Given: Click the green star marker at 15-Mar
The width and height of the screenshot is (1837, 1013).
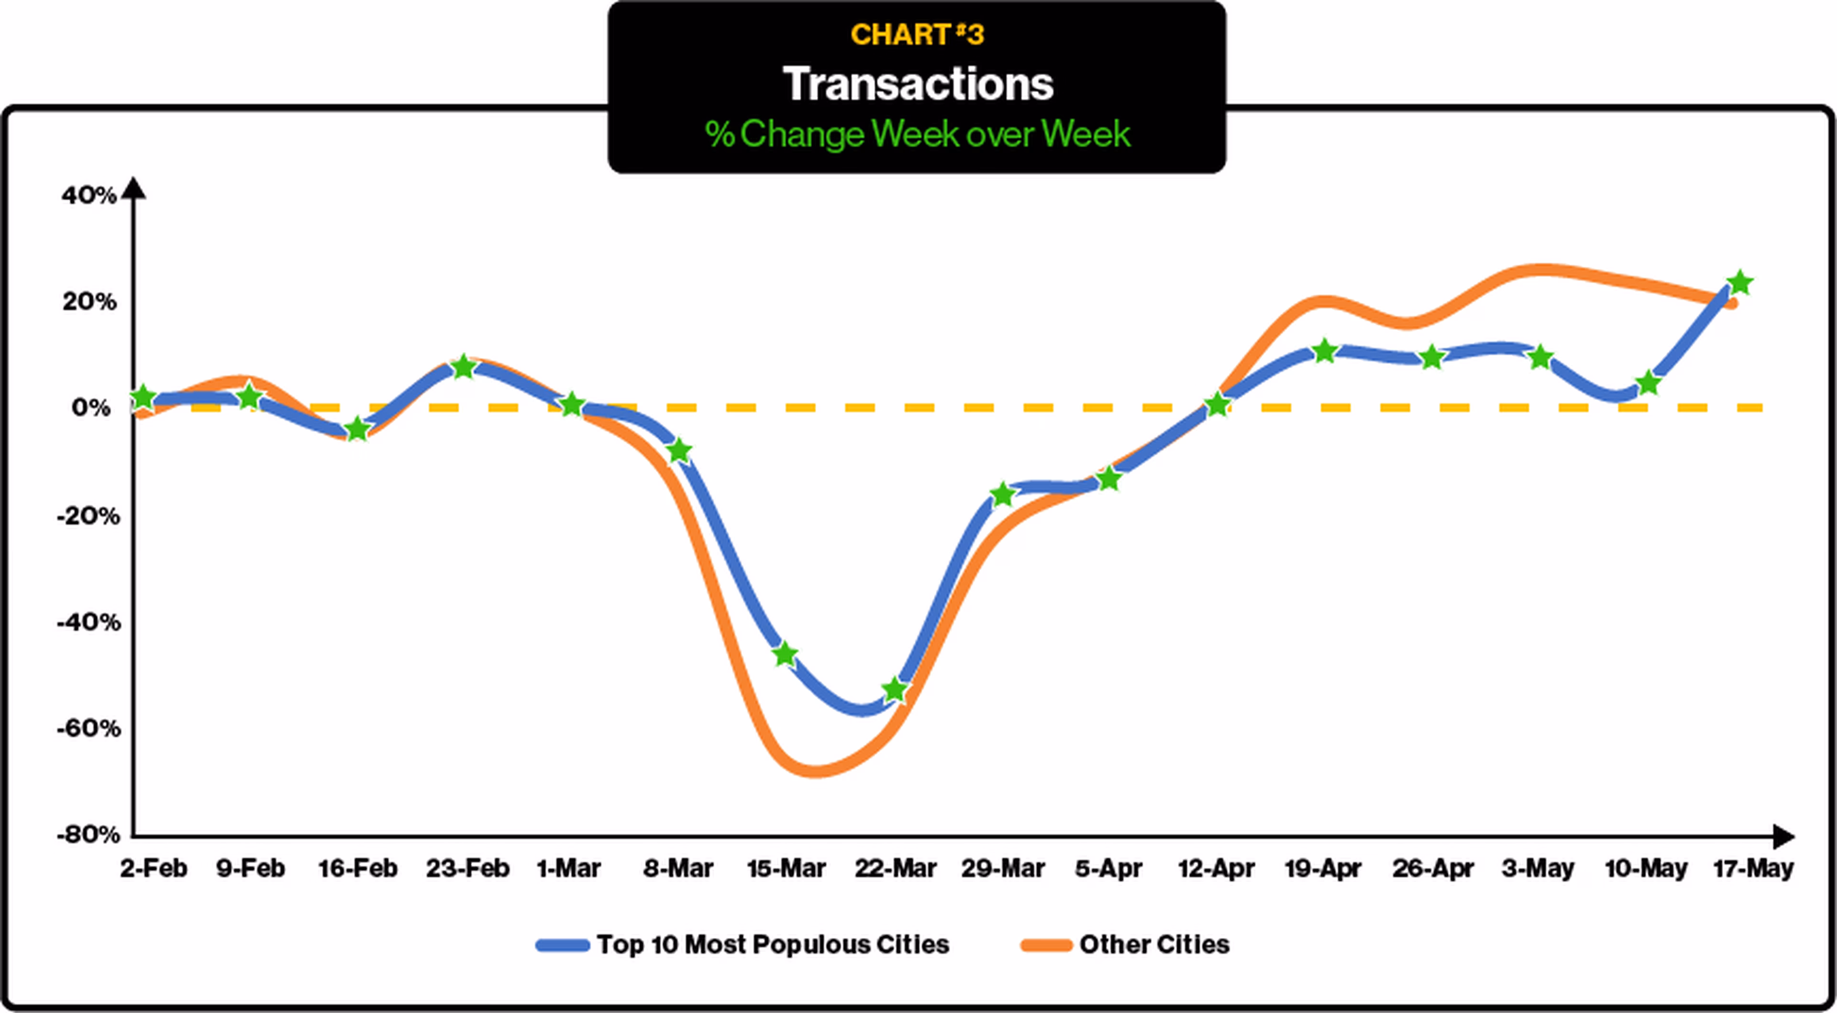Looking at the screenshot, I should [x=785, y=654].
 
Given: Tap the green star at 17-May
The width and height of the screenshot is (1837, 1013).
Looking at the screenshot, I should [x=1740, y=282].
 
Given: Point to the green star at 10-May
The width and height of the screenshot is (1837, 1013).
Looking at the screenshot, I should [x=1648, y=383].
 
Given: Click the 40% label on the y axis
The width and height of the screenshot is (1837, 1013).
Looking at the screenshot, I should [x=89, y=195].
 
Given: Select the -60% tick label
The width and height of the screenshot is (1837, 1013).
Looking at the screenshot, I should [x=89, y=728].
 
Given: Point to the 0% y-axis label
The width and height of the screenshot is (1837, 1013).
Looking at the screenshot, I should [x=91, y=408].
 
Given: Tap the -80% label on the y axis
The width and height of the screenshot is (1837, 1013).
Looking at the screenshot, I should [x=89, y=834].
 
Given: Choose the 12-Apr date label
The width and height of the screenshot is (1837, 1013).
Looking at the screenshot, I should [x=1217, y=868].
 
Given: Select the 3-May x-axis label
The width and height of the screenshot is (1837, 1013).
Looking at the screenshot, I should [x=1538, y=868].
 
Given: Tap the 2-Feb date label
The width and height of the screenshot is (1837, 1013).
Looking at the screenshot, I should [x=153, y=868].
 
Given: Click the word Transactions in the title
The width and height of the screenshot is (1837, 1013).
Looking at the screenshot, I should [x=918, y=84].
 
